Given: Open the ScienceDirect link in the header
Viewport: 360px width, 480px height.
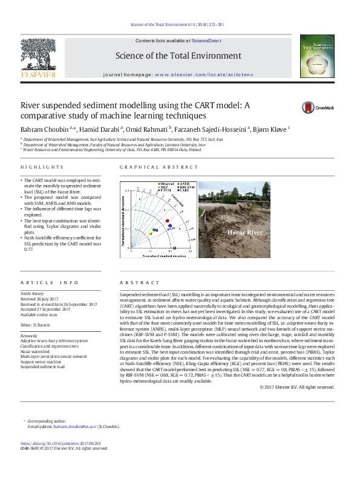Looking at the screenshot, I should click(206, 40).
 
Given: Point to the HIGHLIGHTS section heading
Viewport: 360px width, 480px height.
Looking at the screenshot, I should click(42, 167).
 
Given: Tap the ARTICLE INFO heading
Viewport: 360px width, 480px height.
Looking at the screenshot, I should click(50, 283).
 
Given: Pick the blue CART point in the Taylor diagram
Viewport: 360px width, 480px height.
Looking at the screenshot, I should click(171, 225).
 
